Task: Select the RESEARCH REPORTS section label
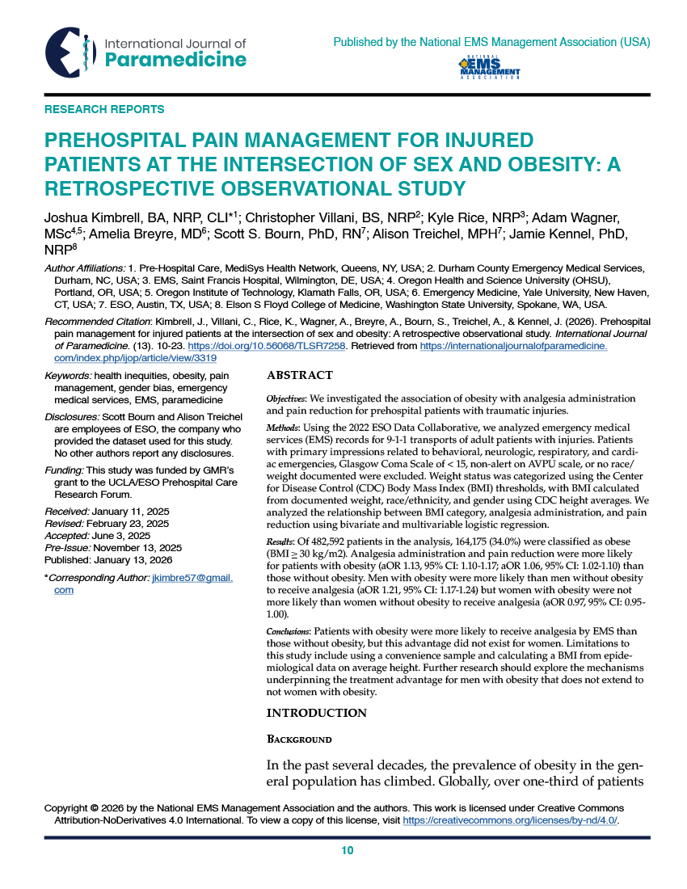[104, 109]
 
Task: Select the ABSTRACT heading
[300, 375]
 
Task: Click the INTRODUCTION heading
[317, 712]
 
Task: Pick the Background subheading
[299, 739]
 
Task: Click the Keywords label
[68, 376]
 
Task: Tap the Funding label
[64, 470]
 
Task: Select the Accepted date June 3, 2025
[133, 535]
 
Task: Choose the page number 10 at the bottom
[348, 850]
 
